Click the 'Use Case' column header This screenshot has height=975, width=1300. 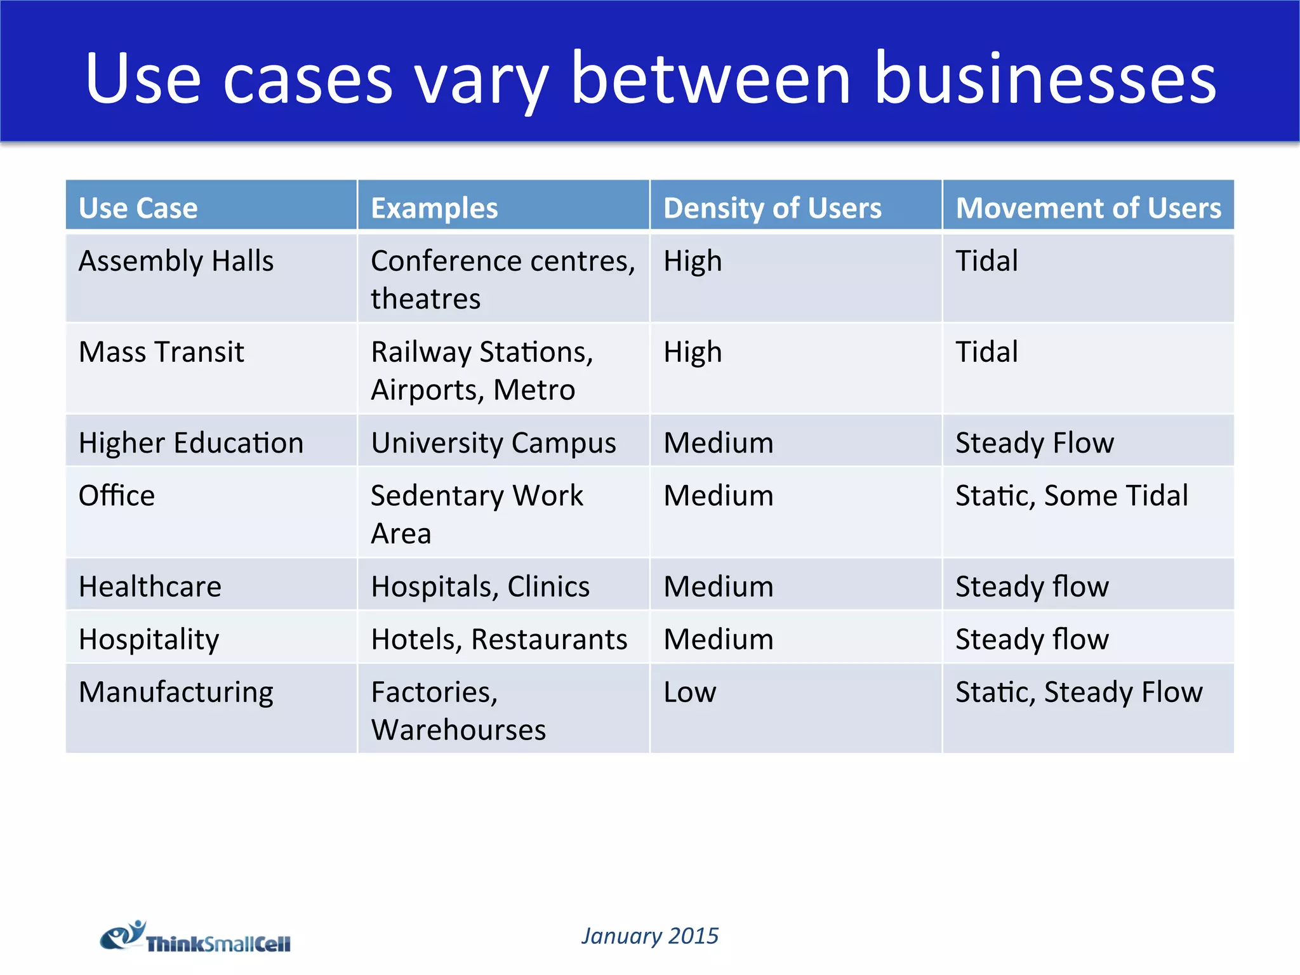138,208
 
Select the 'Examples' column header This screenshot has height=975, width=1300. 434,208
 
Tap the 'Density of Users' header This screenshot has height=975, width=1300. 772,208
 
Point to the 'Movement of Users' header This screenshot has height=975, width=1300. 1088,208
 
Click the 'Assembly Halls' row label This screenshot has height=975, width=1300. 176,261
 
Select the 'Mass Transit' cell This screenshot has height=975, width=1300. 161,352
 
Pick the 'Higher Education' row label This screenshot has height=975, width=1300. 190,442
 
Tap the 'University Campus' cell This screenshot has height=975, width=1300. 493,442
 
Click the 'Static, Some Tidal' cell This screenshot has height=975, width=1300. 1071,495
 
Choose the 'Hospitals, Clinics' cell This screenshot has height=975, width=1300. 480,586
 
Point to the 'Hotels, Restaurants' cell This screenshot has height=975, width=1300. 499,639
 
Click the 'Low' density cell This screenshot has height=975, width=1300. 689,692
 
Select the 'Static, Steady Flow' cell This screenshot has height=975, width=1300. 1078,692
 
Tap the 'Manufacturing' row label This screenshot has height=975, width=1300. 176,692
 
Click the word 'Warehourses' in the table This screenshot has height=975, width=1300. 458,730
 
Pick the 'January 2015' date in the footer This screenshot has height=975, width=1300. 650,936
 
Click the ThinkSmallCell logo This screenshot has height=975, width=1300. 196,937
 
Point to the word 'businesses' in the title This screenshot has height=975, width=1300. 1045,79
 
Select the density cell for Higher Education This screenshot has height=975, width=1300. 718,442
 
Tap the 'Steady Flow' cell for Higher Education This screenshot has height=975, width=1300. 1034,442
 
